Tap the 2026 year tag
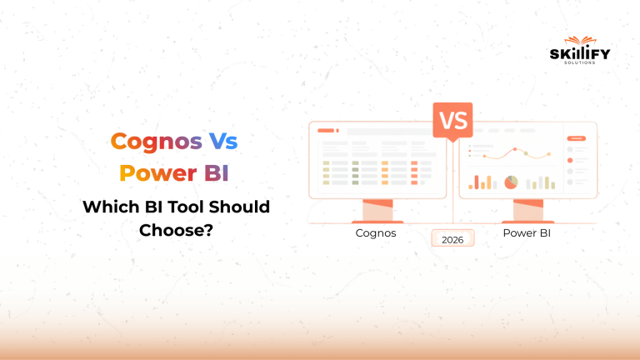point(452,239)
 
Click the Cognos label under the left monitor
point(376,233)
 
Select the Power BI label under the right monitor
point(527,233)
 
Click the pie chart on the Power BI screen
point(511,182)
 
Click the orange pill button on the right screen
point(576,138)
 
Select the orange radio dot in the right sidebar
point(570,160)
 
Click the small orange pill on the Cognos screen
point(325,131)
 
